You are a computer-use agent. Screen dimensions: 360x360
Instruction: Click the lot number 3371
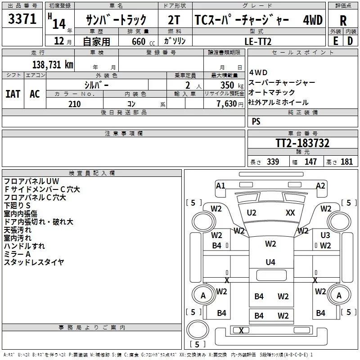pos(22,19)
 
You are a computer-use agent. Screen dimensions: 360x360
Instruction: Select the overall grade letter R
pos(343,21)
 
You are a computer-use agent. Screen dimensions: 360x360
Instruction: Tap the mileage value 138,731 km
pos(53,65)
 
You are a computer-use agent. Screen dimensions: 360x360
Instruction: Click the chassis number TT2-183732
pos(302,143)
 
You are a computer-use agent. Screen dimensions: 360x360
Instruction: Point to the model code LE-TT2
pos(258,41)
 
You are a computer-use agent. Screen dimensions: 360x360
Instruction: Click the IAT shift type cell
pos(13,94)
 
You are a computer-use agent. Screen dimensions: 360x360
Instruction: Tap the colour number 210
pos(75,104)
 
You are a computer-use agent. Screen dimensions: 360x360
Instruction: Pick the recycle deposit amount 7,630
pos(227,104)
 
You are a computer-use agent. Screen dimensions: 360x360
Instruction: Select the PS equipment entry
pos(256,121)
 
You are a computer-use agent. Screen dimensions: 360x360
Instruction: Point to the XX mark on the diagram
pos(290,212)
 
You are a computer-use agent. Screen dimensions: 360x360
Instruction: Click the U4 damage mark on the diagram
pos(270,262)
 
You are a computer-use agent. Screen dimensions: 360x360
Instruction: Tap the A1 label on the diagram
pos(220,185)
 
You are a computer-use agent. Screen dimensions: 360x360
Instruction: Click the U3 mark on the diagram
pos(325,235)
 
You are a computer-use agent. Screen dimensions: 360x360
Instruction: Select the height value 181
pos(346,162)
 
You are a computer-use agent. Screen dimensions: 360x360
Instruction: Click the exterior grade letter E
pos(335,41)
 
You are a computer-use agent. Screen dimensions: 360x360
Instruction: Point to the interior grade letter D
pos(350,41)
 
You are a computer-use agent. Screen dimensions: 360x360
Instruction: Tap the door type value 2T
pos(174,20)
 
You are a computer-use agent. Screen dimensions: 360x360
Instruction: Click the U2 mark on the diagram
pos(252,212)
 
